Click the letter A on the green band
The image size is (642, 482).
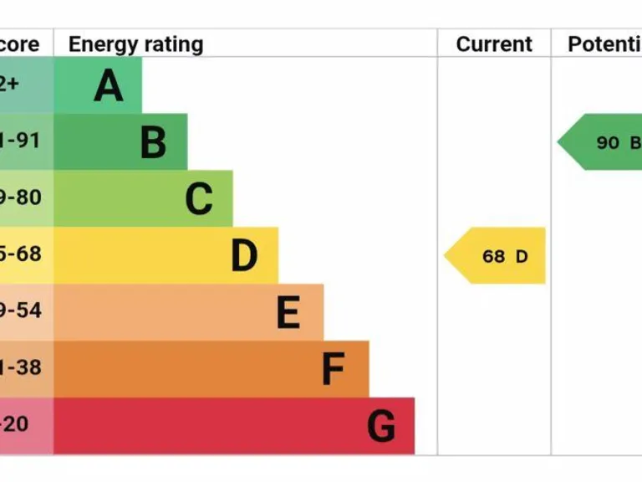pos(109,85)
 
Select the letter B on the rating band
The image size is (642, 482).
pos(153,142)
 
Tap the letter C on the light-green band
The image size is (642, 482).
pos(199,199)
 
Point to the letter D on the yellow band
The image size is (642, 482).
pos(244,256)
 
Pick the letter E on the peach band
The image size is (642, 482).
pos(288,313)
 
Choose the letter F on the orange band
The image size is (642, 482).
pos(334,370)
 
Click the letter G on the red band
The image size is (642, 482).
pos(381,427)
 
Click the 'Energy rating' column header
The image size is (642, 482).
pos(135,44)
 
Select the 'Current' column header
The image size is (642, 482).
pos(494,44)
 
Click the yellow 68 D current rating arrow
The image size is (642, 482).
pos(498,256)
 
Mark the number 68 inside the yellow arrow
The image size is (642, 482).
pos(493,257)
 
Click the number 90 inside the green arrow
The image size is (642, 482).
pos(608,143)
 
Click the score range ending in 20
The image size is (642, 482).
pos(15,424)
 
